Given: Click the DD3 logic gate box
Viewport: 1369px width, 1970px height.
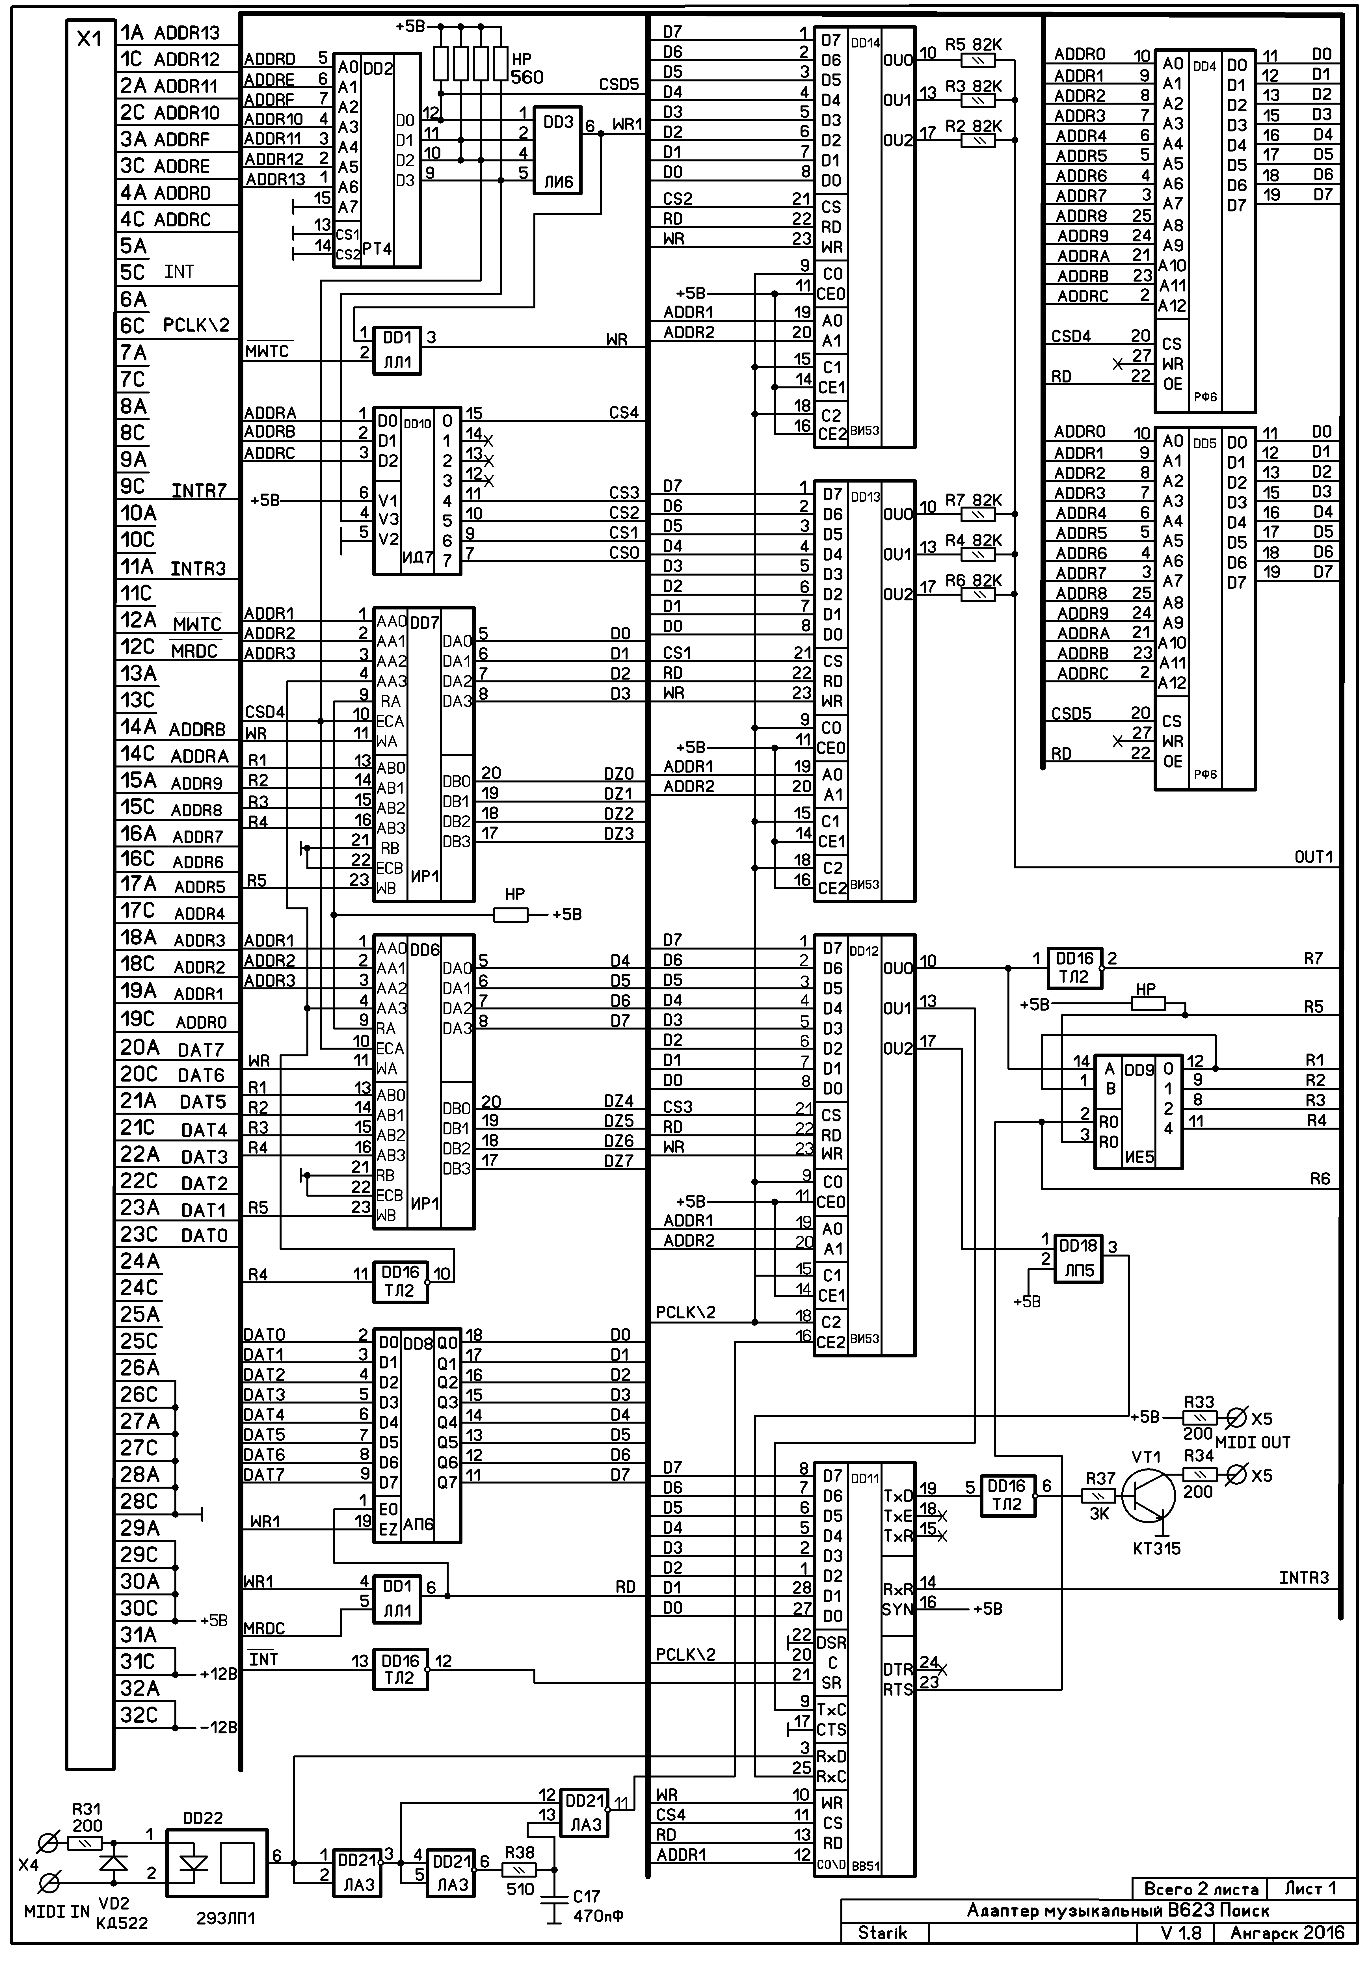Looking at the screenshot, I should pos(557,151).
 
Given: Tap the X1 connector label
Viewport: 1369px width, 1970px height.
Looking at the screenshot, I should pos(89,39).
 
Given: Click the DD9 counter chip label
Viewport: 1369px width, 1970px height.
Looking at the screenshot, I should pos(1139,1070).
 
